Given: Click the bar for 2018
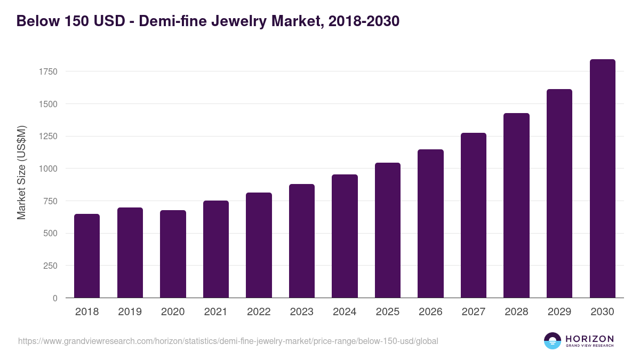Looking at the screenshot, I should pyautogui.click(x=87, y=256).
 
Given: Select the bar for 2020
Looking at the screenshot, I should pyautogui.click(x=173, y=254).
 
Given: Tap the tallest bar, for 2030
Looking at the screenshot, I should pyautogui.click(x=602, y=179).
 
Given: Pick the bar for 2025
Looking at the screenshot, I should pyautogui.click(x=387, y=230).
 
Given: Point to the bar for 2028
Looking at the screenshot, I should pyautogui.click(x=516, y=205).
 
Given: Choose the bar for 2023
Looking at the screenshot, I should pyautogui.click(x=301, y=241).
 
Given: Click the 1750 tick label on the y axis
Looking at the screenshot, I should pyautogui.click(x=47, y=71).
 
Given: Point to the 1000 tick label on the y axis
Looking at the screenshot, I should pyautogui.click(x=47, y=169).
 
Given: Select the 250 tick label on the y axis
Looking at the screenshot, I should pyautogui.click(x=50, y=266).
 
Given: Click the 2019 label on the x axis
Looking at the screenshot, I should pyautogui.click(x=130, y=312).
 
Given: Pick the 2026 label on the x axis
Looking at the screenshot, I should pyautogui.click(x=430, y=312).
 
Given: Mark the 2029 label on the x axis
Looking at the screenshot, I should pyautogui.click(x=559, y=312).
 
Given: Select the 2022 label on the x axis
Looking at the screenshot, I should pyautogui.click(x=259, y=312).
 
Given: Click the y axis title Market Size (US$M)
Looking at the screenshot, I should pyautogui.click(x=21, y=172).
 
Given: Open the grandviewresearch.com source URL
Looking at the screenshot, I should pyautogui.click(x=228, y=341).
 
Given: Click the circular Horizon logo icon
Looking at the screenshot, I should pyautogui.click(x=553, y=341).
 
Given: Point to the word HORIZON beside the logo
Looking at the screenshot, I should pyautogui.click(x=589, y=339).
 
